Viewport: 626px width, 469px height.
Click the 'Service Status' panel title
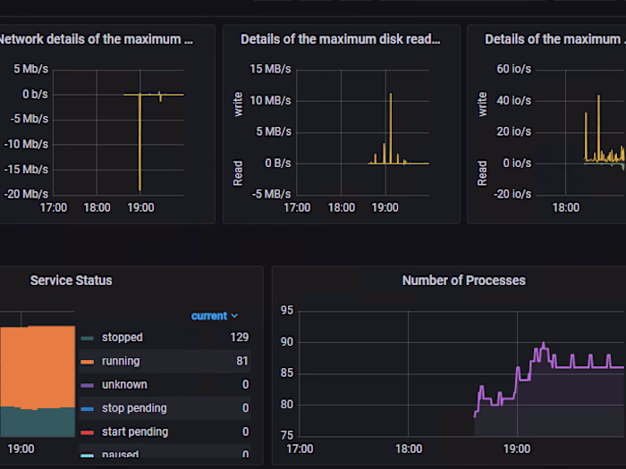click(x=72, y=281)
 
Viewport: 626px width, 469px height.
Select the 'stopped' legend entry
click(x=122, y=338)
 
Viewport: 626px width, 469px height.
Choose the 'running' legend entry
click(x=120, y=361)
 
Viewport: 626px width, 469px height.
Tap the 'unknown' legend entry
click(x=124, y=384)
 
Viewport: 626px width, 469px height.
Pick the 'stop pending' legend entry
click(x=133, y=408)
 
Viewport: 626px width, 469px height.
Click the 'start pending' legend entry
click(x=134, y=431)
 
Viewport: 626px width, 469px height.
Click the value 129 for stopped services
click(x=239, y=338)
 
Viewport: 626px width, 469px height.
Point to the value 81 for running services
click(x=242, y=361)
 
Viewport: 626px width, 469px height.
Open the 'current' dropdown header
click(x=215, y=315)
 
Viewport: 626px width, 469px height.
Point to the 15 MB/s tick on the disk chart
click(x=270, y=69)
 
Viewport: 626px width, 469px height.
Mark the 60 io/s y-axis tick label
click(x=515, y=69)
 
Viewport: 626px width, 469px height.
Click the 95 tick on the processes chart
click(x=286, y=311)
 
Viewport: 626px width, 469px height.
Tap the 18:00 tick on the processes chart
click(x=409, y=448)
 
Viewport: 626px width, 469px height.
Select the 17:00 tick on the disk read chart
click(x=297, y=207)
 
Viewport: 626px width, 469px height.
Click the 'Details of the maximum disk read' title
click(x=341, y=39)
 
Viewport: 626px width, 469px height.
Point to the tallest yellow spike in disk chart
click(x=390, y=94)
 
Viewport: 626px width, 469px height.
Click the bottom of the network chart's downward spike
click(x=140, y=189)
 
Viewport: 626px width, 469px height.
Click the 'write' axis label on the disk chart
click(x=238, y=104)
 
